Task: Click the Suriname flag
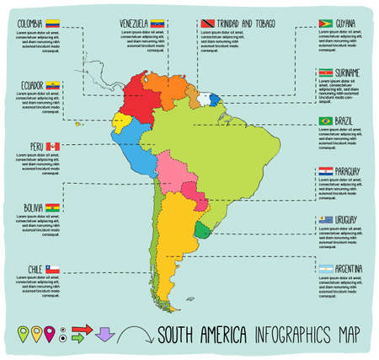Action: (x=326, y=73)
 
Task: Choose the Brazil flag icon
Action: (x=325, y=121)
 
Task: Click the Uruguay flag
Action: (x=326, y=220)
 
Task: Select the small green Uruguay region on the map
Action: (x=202, y=230)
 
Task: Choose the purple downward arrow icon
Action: (x=105, y=335)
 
